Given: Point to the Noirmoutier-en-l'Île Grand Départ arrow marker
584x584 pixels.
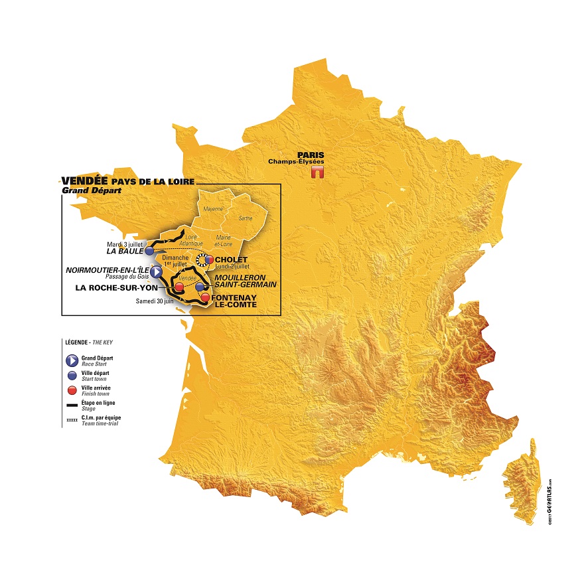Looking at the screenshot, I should tap(155, 271).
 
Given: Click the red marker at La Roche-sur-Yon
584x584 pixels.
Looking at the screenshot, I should tap(179, 287).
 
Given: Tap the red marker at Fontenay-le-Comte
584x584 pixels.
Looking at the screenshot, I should tap(205, 298).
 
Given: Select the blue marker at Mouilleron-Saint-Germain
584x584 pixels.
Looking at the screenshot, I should tap(199, 287).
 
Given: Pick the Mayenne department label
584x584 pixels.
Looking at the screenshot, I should tap(213, 208).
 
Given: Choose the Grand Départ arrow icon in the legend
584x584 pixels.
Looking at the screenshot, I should tap(70, 361).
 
